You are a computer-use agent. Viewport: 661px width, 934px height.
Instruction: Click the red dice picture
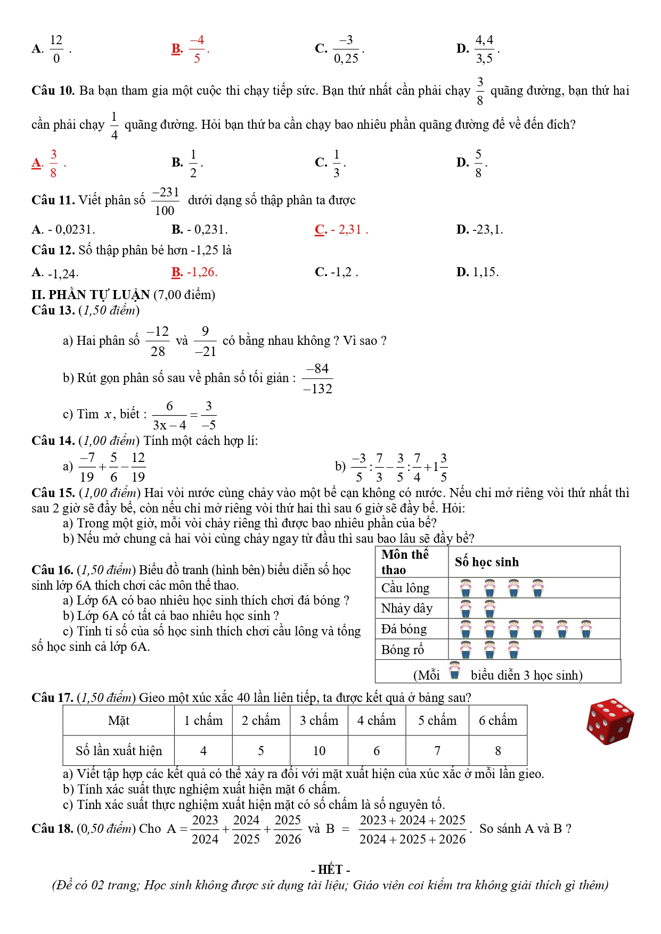pyautogui.click(x=610, y=721)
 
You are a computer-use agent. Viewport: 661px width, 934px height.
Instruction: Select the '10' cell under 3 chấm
pyautogui.click(x=319, y=750)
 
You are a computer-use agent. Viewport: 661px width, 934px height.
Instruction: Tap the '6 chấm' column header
pyautogui.click(x=498, y=720)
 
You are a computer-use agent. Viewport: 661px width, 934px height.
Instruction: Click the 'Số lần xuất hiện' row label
pyautogui.click(x=119, y=750)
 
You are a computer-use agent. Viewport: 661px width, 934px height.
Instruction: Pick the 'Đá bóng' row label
pyautogui.click(x=404, y=629)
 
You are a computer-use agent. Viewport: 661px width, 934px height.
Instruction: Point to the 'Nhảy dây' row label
pyautogui.click(x=407, y=608)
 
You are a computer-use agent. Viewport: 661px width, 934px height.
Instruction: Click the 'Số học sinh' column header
pyautogui.click(x=487, y=562)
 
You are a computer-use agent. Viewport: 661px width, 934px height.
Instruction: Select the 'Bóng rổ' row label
pyautogui.click(x=403, y=650)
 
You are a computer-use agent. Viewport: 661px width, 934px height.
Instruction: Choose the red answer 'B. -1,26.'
pyautogui.click(x=194, y=272)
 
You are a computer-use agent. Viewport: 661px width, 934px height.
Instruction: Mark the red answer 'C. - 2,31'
pyautogui.click(x=341, y=229)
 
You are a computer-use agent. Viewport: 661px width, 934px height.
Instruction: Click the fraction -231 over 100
pyautogui.click(x=165, y=201)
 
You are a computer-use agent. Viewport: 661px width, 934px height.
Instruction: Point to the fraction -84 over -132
pyautogui.click(x=317, y=379)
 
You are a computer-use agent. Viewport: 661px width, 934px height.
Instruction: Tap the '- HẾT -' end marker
pyautogui.click(x=330, y=870)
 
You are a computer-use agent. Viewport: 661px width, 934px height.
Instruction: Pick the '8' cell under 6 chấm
pyautogui.click(x=498, y=750)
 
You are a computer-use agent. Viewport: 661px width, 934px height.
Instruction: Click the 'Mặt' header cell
pyautogui.click(x=119, y=720)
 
